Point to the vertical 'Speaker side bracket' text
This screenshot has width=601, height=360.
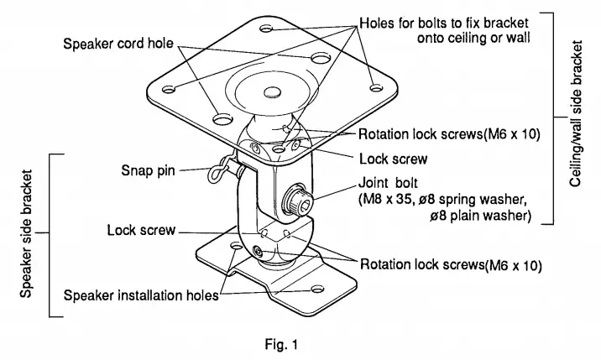coord(27,236)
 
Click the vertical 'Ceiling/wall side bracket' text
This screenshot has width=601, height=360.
coord(576,119)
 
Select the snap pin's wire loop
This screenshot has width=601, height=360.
coord(216,171)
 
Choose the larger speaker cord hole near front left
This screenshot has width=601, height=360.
coord(222,117)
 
